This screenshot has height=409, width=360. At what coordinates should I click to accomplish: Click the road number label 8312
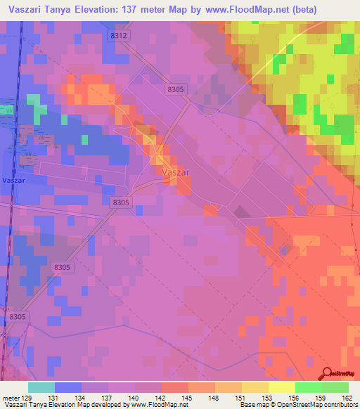pos(119,34)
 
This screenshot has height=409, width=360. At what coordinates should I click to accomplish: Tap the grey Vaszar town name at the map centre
pos(174,171)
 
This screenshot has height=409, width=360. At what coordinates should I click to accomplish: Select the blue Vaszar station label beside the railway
pos(13,180)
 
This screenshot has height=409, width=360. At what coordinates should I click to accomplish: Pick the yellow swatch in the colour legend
pos(282,387)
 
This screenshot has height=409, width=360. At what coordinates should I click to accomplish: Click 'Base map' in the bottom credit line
pos(253,405)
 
